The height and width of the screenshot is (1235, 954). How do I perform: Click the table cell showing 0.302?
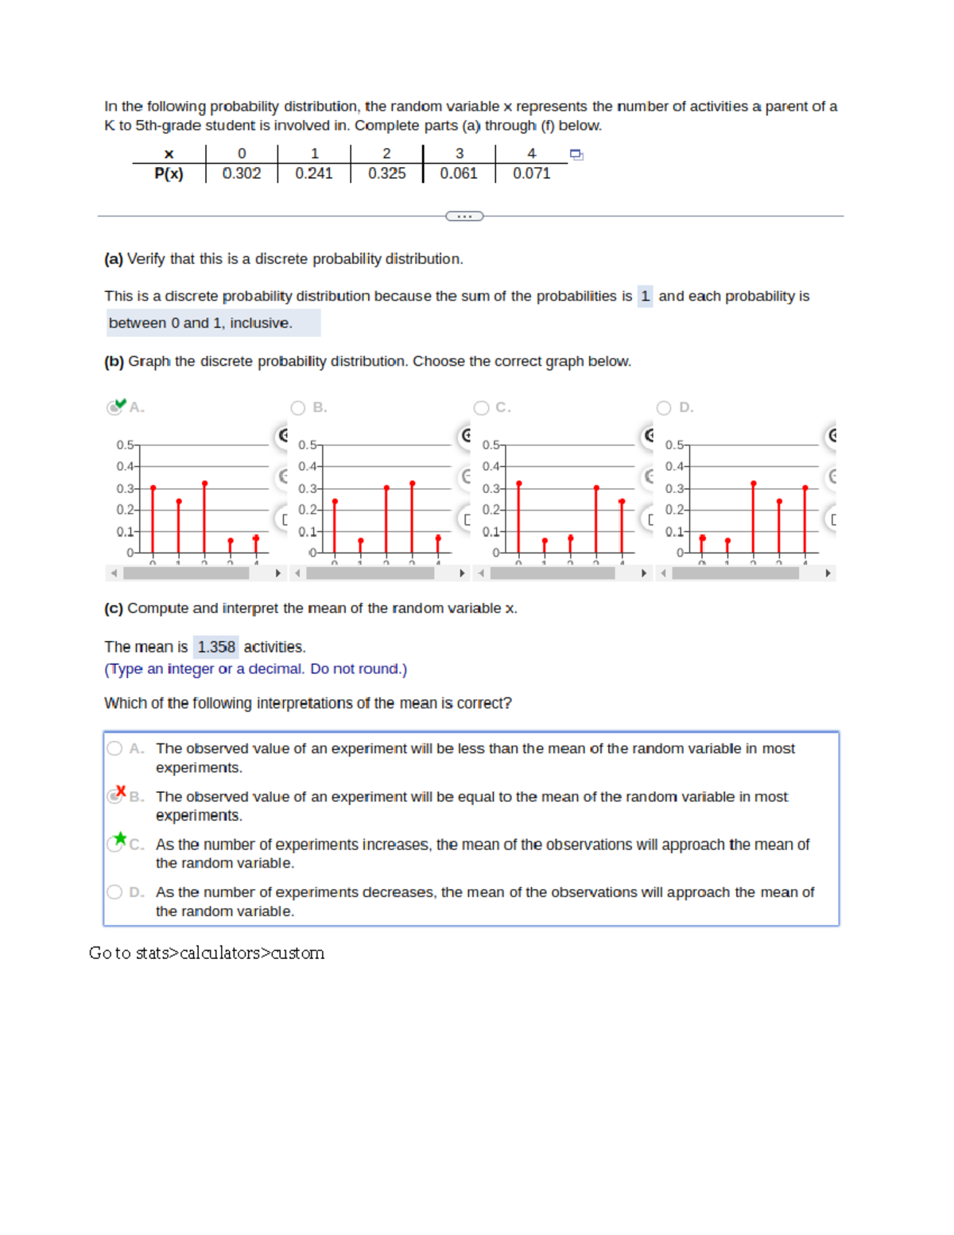[241, 173]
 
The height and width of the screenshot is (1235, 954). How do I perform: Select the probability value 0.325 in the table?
[386, 173]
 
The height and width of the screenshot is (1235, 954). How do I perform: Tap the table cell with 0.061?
[459, 173]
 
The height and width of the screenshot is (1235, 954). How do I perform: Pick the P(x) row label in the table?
[169, 173]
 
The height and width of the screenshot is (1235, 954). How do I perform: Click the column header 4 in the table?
[531, 153]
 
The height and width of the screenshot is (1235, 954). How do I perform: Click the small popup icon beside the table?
[576, 155]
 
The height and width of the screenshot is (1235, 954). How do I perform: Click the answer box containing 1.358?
[216, 647]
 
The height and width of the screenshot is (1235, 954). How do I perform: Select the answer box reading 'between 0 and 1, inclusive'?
[201, 323]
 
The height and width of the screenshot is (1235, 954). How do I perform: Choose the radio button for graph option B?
[298, 408]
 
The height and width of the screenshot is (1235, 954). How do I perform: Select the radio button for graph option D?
[664, 408]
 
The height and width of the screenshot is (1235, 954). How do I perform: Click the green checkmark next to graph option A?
[119, 404]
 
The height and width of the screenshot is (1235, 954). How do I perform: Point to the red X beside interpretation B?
[121, 791]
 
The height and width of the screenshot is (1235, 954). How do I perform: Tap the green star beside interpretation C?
[120, 838]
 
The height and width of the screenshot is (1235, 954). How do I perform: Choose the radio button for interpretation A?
[115, 748]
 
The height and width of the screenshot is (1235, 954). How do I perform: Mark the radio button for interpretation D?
[115, 892]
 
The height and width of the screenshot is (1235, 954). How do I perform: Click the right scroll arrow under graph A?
[277, 573]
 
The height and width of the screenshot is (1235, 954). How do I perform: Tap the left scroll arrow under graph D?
[664, 573]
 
